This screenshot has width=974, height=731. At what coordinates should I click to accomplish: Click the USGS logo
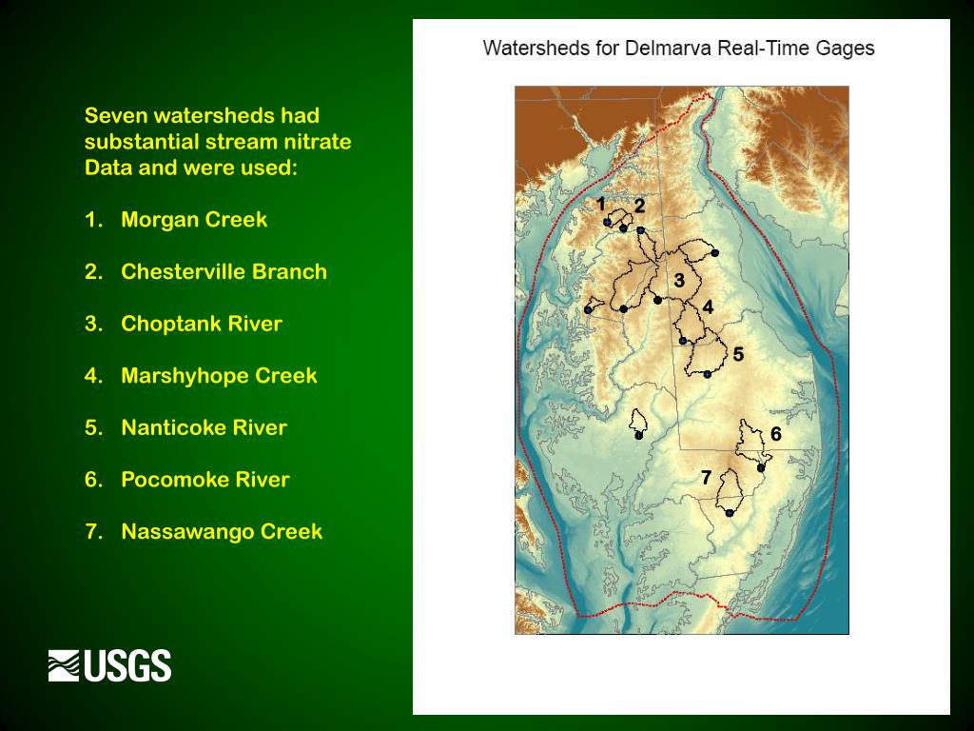click(109, 665)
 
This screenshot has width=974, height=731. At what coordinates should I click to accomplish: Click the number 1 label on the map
click(601, 204)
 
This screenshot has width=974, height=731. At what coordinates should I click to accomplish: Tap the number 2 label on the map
click(639, 205)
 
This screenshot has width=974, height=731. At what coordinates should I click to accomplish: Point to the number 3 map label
click(679, 281)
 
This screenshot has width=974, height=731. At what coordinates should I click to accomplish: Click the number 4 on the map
click(708, 306)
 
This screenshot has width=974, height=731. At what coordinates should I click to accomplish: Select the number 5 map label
click(738, 354)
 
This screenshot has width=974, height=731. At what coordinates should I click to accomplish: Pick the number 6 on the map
click(776, 434)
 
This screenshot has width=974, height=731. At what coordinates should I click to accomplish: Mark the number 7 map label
click(706, 478)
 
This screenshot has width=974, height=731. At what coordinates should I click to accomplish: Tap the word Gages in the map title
click(845, 48)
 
